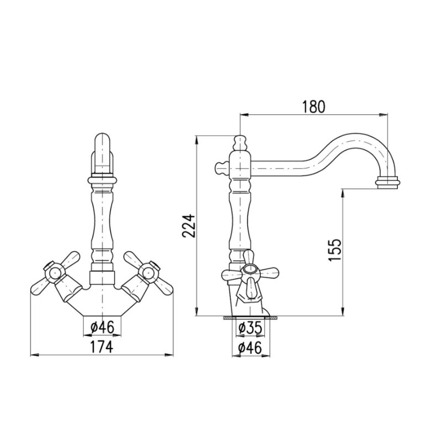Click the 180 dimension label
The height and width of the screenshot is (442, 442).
tap(313, 107)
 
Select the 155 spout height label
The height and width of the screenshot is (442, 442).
tap(335, 250)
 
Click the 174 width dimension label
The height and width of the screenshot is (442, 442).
tap(102, 346)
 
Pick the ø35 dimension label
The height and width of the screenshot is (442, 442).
tap(250, 328)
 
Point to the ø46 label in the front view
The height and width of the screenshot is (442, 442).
tap(103, 327)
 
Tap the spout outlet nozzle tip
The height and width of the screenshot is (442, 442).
tap(388, 182)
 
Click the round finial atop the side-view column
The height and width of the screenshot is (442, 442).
tap(240, 143)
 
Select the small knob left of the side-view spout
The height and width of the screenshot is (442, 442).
tap(222, 168)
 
